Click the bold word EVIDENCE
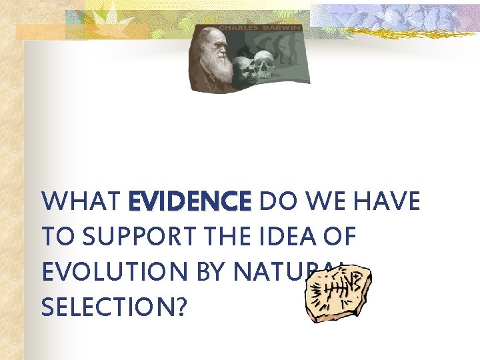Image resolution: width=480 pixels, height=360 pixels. [189, 201]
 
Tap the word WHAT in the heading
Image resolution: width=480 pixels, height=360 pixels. [81, 201]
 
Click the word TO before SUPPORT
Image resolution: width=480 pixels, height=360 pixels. [54, 236]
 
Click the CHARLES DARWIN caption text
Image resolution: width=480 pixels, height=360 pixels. [259, 29]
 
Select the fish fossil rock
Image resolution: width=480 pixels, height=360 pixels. [336, 294]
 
